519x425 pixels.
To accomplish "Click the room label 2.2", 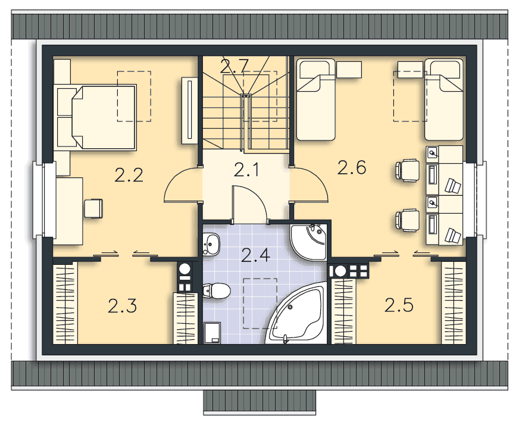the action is [129, 175].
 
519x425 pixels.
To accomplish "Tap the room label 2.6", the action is [352, 167].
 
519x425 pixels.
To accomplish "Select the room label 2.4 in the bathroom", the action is [255, 255].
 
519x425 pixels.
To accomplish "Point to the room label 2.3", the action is [122, 305].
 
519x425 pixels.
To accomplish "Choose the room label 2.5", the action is [399, 305].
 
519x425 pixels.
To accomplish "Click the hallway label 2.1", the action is [246, 170].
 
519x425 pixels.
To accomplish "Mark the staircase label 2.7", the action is [234, 66].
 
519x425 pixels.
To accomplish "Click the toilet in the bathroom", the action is [217, 291].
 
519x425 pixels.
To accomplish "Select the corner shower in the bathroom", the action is [308, 241].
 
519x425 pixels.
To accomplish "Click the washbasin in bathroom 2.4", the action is [211, 243].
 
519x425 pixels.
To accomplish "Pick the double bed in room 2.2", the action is [96, 117].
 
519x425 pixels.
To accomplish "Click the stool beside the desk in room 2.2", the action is [93, 208].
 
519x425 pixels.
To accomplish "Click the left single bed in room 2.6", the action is [316, 99].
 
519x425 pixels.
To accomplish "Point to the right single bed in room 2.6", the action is [443, 99].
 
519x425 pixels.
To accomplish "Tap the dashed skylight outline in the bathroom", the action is [260, 304].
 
